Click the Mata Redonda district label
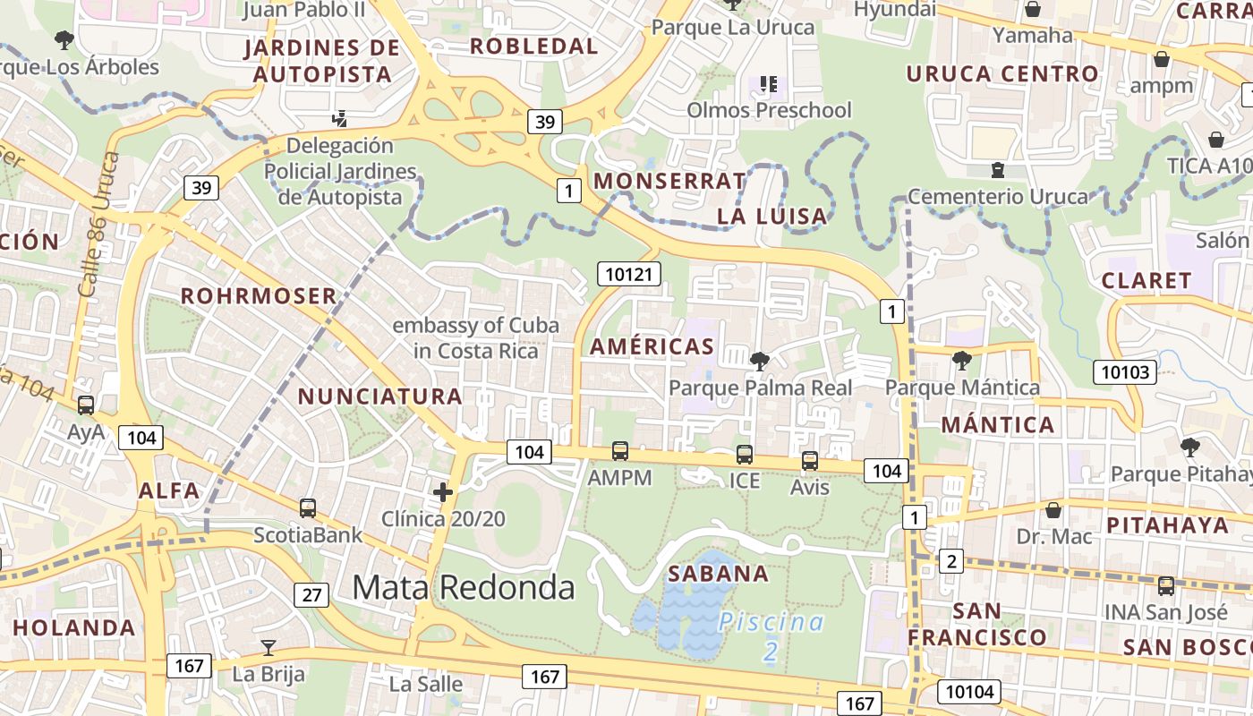point(463,587)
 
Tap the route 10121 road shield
point(628,274)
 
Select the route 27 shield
point(311,594)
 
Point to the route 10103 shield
point(1124,371)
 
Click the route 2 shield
point(950,561)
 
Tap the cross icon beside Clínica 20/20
point(442,491)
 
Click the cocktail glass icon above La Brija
point(268,647)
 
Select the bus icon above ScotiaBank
point(308,508)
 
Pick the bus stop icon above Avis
point(809,461)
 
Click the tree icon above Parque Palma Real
point(760,362)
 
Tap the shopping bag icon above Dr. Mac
point(1053,510)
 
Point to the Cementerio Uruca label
point(997,196)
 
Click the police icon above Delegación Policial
point(339,117)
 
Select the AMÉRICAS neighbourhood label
point(652,346)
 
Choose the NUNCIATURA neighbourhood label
point(379,396)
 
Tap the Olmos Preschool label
point(769,110)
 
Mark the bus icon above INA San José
point(1165,586)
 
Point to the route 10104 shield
point(969,691)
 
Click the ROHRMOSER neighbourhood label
point(259,295)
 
